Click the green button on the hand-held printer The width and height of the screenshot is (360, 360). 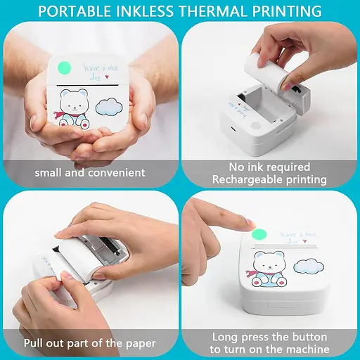(64, 68)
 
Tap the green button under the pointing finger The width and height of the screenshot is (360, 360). (259, 235)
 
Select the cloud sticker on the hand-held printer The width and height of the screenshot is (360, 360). (109, 107)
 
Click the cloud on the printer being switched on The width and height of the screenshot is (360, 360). (309, 266)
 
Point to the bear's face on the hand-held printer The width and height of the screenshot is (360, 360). (74, 103)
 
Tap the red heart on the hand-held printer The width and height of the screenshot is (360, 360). (107, 77)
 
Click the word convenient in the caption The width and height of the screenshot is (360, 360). (117, 173)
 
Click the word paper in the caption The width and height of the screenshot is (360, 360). (141, 344)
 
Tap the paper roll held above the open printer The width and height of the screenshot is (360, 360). (266, 72)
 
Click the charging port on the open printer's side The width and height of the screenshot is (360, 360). (233, 129)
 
